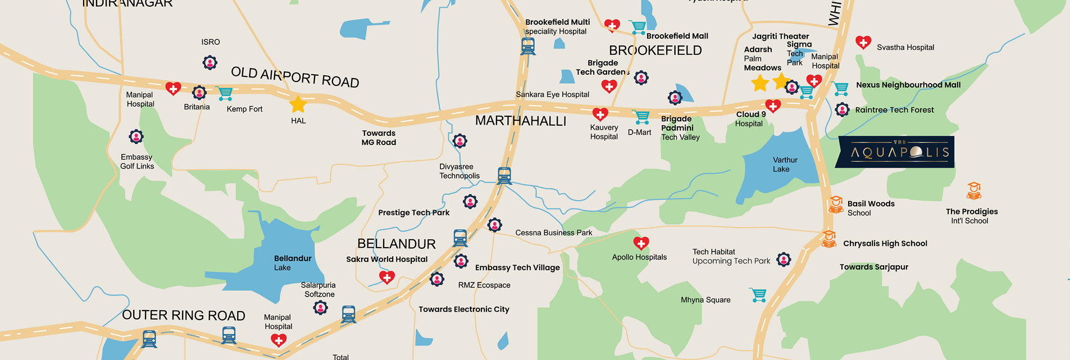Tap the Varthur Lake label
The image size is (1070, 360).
pos(784,165)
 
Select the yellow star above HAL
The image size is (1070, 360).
pos(298,104)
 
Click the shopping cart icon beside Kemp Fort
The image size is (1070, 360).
pos(225,94)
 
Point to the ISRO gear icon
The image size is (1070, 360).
pos(210,62)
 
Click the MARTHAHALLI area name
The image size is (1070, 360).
pos(520,121)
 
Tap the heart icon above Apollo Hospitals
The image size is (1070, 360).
pos(641,243)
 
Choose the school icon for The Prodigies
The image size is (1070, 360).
pos(973,191)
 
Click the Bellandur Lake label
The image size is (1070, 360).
pos(292,262)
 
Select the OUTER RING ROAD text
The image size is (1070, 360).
pos(184,316)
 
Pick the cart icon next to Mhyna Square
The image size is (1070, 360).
pos(758,295)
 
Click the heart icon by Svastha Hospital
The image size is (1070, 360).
pos(863,42)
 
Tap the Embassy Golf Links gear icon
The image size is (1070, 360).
pos(136,136)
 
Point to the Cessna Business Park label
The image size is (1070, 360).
pos(554,233)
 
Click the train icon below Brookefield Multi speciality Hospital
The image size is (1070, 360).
pos(527,46)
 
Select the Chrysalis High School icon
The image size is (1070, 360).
pos(829,239)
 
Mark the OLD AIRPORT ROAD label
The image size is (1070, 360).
pos(295,77)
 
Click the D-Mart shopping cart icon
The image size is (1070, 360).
pos(641,117)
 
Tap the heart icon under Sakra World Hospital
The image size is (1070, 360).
pos(387,277)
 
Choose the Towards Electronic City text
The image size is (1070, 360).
pos(464,309)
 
